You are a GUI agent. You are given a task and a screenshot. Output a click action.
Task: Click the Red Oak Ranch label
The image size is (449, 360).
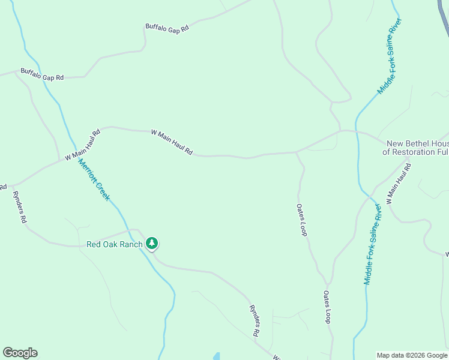[x=115, y=244]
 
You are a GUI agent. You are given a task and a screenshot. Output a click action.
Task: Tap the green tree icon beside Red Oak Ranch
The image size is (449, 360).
[x=152, y=243]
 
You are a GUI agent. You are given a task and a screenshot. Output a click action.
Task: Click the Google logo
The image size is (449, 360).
[x=20, y=353]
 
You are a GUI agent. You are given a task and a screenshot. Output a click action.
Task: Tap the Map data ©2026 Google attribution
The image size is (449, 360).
[x=412, y=355]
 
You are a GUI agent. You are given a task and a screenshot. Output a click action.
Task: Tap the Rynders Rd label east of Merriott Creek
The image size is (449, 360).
[x=255, y=320]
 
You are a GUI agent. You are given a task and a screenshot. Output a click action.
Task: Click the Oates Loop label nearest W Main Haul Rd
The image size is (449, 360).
[x=301, y=220]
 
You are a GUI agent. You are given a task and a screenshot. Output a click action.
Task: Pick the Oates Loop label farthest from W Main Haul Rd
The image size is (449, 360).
[x=327, y=307]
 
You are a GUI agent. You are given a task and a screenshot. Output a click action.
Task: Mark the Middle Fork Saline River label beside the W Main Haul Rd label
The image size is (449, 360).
[x=373, y=244]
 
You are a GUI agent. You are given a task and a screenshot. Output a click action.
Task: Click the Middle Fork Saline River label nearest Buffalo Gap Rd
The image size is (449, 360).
[x=390, y=56]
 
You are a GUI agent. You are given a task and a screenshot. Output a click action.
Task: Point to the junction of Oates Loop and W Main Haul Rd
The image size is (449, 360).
[x=296, y=152]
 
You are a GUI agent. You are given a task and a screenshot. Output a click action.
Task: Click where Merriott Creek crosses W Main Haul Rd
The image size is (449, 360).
[x=70, y=155]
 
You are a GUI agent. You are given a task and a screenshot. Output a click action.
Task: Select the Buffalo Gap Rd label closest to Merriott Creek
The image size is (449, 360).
[x=42, y=74]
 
